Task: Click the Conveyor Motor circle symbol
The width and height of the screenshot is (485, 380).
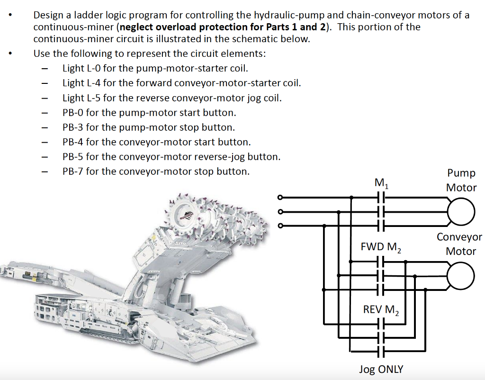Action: point(460,276)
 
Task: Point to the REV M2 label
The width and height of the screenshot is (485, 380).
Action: point(381,310)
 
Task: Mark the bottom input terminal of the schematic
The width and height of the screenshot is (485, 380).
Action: point(280,226)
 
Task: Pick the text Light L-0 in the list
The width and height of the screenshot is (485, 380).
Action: point(81,68)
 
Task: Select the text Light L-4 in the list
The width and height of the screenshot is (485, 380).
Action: point(81,83)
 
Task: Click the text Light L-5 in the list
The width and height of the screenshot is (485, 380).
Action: point(81,98)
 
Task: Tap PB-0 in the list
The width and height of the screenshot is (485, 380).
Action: point(72,113)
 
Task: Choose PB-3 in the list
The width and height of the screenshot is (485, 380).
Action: point(72,127)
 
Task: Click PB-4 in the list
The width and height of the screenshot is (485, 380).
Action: point(72,142)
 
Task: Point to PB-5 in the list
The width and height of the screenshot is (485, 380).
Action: point(72,157)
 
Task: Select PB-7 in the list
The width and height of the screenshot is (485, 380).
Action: point(72,172)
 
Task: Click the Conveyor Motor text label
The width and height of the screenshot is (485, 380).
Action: point(459,244)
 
